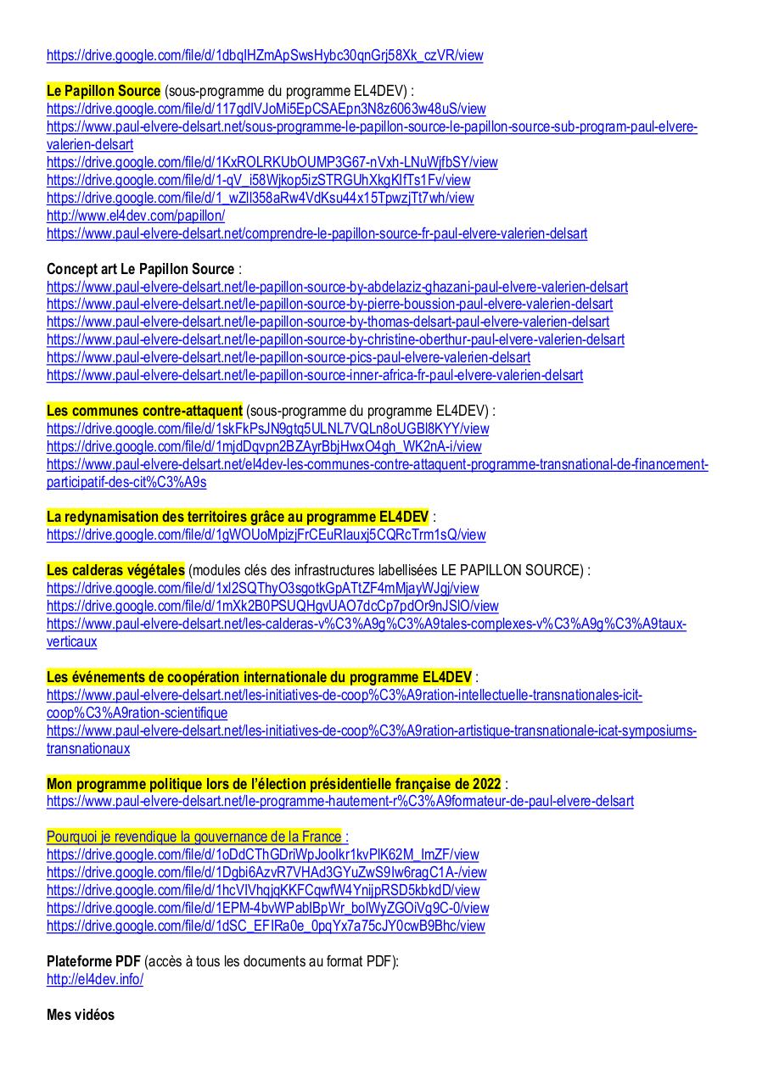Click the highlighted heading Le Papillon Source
pos(104,91)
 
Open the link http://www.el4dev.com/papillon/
pos(136,216)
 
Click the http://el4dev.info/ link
pos(95,979)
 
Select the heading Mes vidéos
pos(81,1015)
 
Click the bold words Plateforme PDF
pos(93,961)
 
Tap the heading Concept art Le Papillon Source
pos(140,269)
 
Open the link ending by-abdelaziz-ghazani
pos(337,287)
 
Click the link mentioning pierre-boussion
pos(329,305)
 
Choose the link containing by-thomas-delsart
pos(328,322)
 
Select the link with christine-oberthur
pos(335,340)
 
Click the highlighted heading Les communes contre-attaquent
pos(144,411)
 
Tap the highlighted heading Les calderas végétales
pos(115,570)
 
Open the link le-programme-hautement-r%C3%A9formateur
pos(339,802)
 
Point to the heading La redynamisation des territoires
pos(238,517)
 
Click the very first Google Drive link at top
pos(265,56)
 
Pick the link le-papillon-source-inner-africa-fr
pos(315,375)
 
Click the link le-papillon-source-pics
pos(289,357)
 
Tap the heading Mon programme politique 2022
pos(273,784)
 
